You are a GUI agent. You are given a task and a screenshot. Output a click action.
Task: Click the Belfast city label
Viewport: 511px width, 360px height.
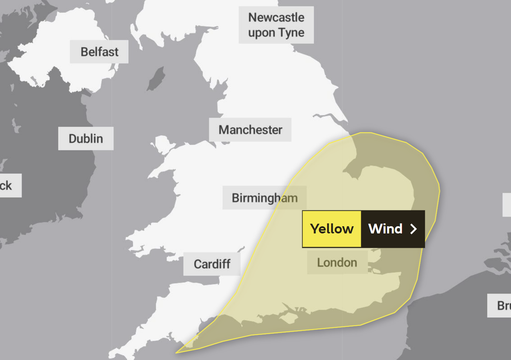(x=99, y=52)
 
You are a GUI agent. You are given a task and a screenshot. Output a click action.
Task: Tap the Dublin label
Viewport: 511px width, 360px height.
(x=86, y=139)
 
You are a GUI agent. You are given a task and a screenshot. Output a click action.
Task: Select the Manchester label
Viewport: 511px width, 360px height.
(x=250, y=130)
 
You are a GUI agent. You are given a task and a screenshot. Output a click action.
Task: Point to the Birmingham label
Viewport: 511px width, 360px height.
(x=264, y=198)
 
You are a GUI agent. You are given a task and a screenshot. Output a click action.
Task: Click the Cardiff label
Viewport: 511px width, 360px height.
(x=212, y=264)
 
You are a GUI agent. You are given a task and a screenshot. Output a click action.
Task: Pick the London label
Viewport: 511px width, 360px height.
(x=337, y=262)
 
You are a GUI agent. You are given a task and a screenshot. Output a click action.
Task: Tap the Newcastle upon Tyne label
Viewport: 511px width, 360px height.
(x=276, y=25)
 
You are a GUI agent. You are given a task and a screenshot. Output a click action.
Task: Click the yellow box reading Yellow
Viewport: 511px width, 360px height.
(x=332, y=229)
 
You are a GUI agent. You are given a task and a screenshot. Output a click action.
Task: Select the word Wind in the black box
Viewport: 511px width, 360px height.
(x=385, y=229)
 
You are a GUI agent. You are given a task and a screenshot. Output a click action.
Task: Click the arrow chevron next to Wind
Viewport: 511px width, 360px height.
(x=413, y=229)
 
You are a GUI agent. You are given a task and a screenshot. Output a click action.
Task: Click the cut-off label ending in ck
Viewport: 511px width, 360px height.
(x=7, y=185)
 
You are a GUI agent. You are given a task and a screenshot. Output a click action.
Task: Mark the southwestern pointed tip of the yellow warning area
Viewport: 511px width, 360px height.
(x=177, y=352)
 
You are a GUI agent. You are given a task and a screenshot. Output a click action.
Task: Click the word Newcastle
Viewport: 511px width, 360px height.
(x=276, y=17)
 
